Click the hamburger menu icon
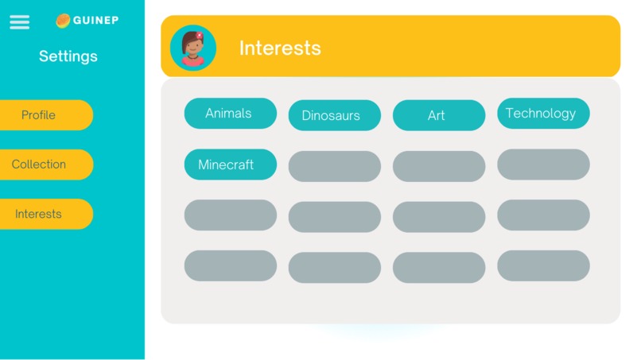coord(19,22)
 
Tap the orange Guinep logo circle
coord(63,21)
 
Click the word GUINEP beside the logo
coord(95,21)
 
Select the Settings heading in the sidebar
coord(68,56)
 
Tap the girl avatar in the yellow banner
coord(192,48)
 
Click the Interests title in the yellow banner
coord(280,48)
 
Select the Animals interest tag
coord(230,114)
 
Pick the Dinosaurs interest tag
coord(334,115)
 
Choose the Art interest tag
coord(438,115)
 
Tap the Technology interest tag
coord(543,114)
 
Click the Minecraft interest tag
coord(230,165)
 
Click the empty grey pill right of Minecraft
coord(334,166)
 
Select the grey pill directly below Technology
coord(543,165)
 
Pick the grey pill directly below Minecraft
coord(230,215)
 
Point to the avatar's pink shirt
coord(192,62)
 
